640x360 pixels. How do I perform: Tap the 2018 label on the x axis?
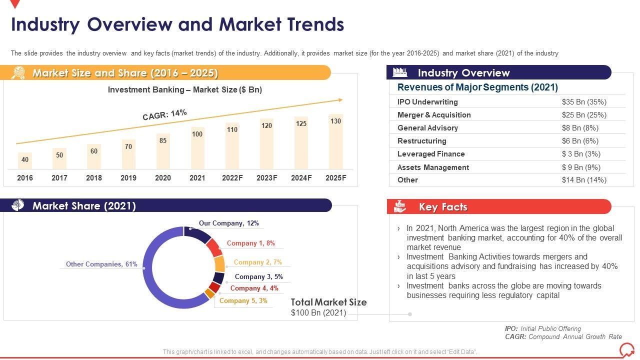tap(94, 178)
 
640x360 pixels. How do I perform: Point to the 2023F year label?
tap(266, 178)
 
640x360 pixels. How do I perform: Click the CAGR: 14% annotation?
tap(164, 115)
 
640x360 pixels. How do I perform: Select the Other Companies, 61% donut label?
tap(101, 264)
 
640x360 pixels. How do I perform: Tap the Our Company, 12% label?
tap(228, 223)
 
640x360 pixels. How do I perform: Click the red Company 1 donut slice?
tap(213, 247)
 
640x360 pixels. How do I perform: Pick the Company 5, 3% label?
tap(243, 300)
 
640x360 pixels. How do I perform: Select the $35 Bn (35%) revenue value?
tap(584, 102)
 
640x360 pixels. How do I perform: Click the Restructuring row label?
tap(421, 141)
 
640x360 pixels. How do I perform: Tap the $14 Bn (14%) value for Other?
tap(584, 180)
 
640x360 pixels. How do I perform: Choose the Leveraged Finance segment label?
tap(431, 154)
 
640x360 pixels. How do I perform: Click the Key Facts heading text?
tap(443, 207)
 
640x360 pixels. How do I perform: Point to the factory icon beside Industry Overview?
tap(400, 72)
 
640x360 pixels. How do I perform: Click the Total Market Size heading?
tap(328, 302)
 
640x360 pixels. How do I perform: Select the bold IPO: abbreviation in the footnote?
tap(511, 328)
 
